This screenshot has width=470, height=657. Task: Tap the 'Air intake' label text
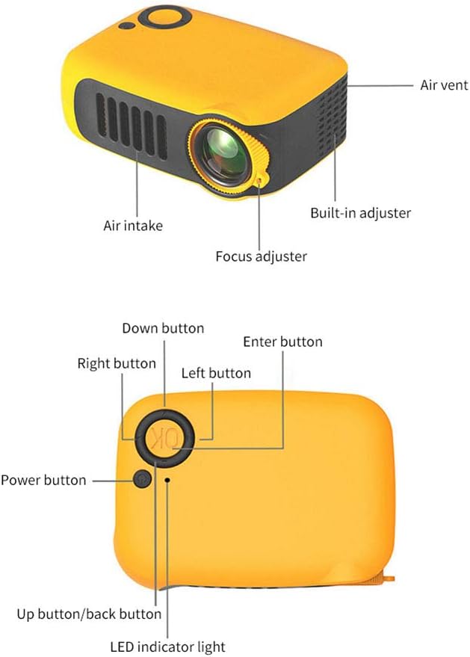click(132, 225)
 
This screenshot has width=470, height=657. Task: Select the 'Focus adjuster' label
click(261, 256)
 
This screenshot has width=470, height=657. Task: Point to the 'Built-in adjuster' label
click(360, 213)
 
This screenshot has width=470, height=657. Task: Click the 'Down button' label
click(163, 328)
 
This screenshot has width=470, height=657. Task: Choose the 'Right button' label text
click(117, 364)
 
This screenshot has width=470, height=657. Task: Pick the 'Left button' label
click(216, 373)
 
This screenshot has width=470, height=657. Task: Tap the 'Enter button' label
click(282, 342)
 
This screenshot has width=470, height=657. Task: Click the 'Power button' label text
click(43, 480)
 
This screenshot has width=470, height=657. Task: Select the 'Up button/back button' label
click(89, 614)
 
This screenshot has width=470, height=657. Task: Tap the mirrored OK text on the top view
click(163, 438)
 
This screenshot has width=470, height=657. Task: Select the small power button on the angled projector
click(126, 26)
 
